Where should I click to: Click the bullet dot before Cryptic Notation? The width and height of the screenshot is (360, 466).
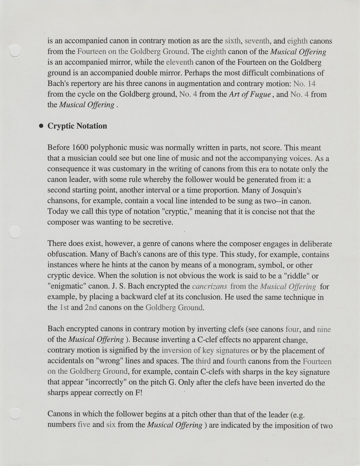pyautogui.click(x=41, y=126)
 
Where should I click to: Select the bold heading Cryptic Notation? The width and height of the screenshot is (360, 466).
pyautogui.click(x=77, y=126)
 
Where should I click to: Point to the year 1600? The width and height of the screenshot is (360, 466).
pyautogui.click(x=80, y=148)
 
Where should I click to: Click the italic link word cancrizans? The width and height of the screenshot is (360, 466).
pyautogui.click(x=210, y=286)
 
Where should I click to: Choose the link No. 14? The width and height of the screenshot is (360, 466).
pyautogui.click(x=304, y=84)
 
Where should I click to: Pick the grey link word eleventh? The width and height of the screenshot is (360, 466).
pyautogui.click(x=180, y=62)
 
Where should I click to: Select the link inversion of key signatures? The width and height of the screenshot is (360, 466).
pyautogui.click(x=205, y=350)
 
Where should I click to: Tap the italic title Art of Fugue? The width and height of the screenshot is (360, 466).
pyautogui.click(x=250, y=94)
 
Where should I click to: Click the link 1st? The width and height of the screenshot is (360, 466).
pyautogui.click(x=64, y=307)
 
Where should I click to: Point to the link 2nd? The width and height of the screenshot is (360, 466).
pyautogui.click(x=91, y=307)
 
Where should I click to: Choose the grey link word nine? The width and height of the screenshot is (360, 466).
pyautogui.click(x=324, y=329)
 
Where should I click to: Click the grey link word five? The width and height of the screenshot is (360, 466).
pyautogui.click(x=84, y=424)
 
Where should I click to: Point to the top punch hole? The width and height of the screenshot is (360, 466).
pyautogui.click(x=14, y=51)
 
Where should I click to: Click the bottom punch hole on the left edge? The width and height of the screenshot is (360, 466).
pyautogui.click(x=15, y=414)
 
